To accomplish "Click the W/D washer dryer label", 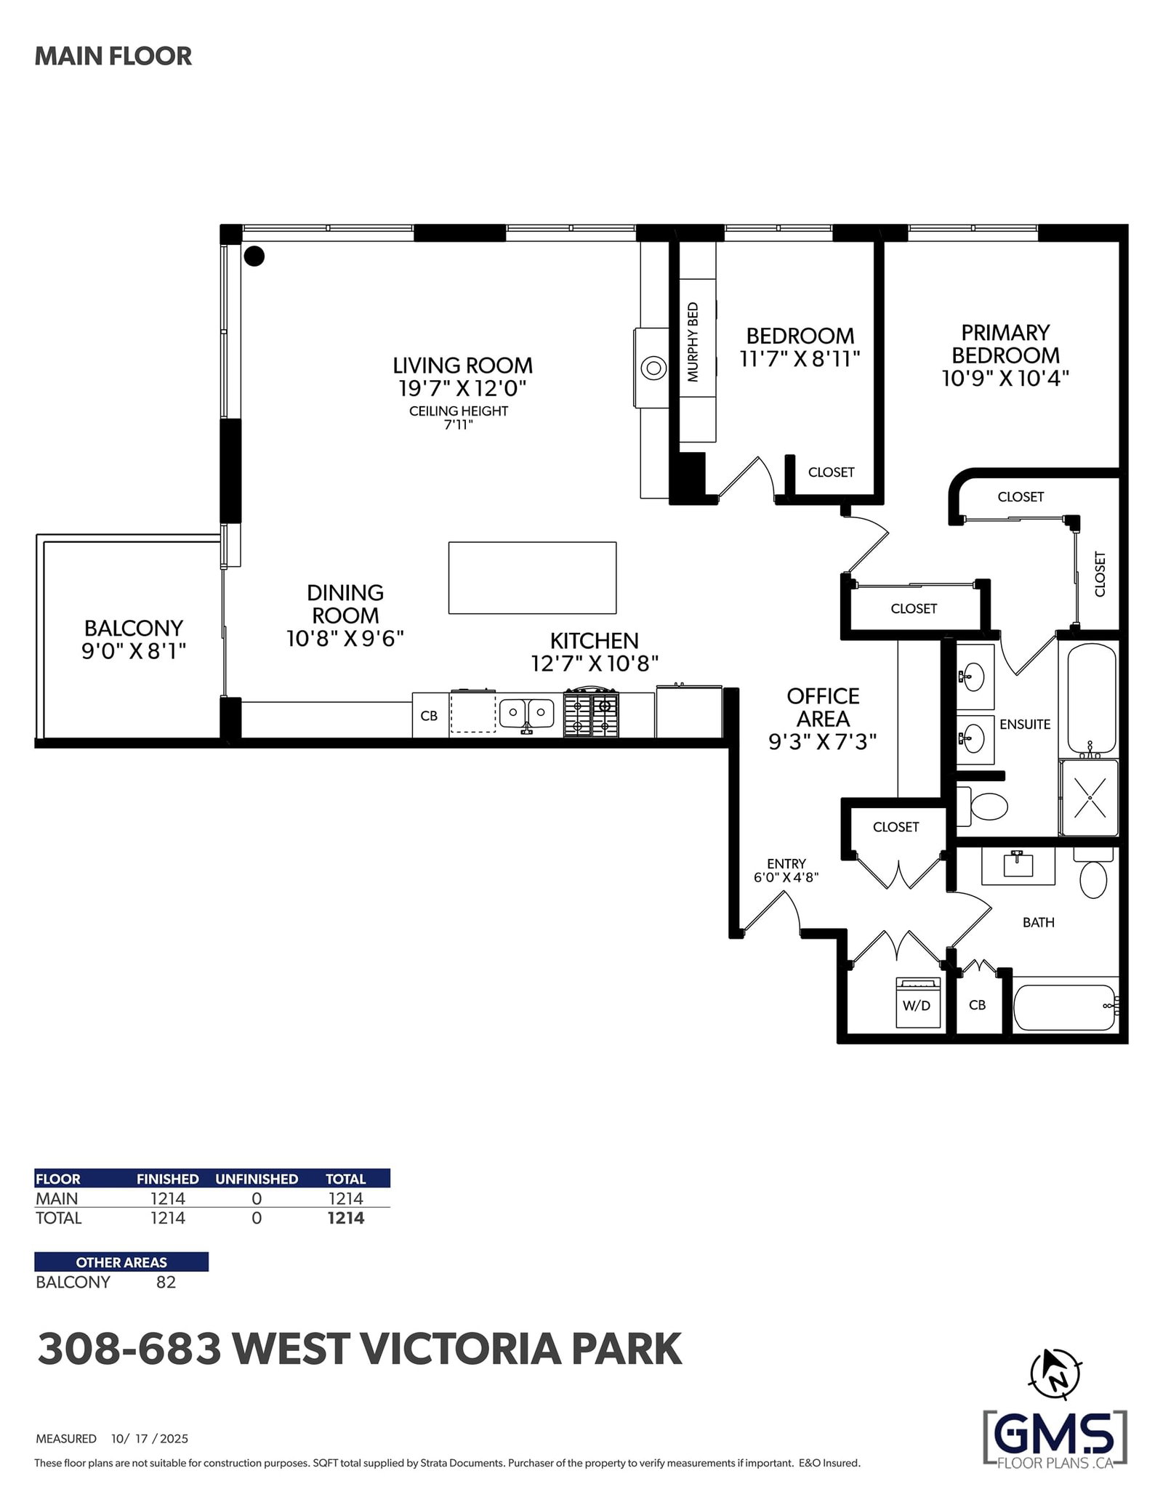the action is (916, 1006).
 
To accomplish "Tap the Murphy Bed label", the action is (693, 342).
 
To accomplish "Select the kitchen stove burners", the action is (592, 715).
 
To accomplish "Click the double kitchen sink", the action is (527, 713).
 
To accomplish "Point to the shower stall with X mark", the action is (1089, 797).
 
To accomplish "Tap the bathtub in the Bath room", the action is (1065, 1007).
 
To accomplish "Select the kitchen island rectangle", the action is (532, 578).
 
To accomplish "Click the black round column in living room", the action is (254, 256).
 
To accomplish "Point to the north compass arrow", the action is (1055, 1374).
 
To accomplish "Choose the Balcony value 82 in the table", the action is (166, 1282).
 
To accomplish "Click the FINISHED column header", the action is (168, 1179).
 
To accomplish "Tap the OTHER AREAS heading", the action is (121, 1262).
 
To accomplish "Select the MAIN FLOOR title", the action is (113, 56).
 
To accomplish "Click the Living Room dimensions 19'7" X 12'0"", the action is (462, 388).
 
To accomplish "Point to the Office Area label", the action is (823, 707).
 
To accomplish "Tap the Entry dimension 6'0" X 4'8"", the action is (786, 877).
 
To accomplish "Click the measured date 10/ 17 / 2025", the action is (150, 1438).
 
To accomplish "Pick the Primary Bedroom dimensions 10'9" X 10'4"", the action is (1005, 378).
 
